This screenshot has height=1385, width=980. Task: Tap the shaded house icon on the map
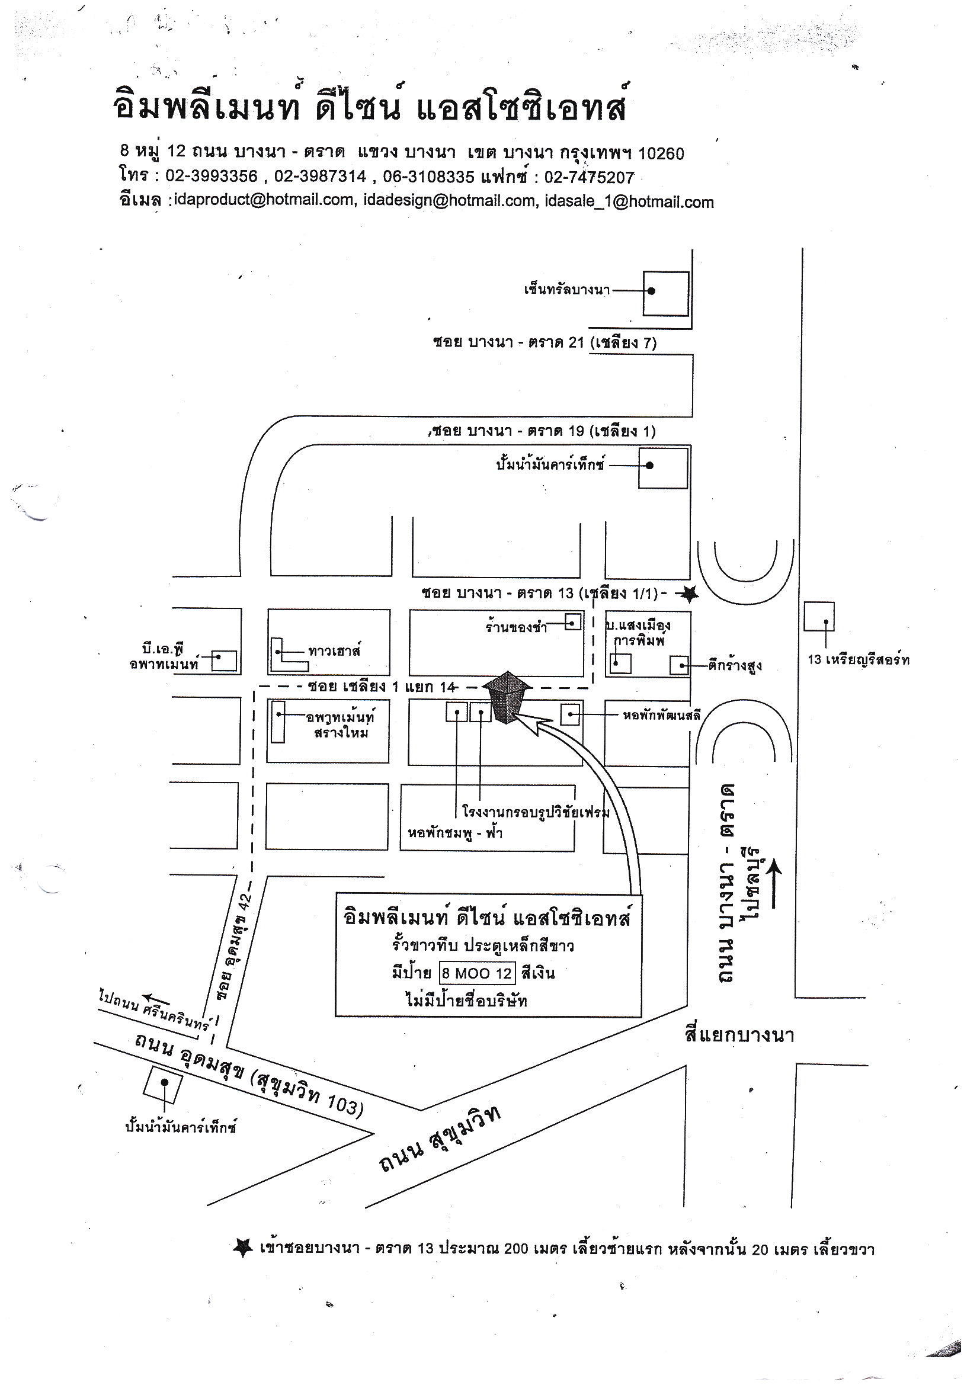click(508, 697)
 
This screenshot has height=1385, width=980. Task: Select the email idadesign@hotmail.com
click(450, 200)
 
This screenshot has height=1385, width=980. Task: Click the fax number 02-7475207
click(589, 177)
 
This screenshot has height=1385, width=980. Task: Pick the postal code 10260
click(661, 153)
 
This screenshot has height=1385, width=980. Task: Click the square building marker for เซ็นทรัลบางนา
click(665, 293)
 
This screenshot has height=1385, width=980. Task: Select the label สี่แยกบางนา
click(739, 1035)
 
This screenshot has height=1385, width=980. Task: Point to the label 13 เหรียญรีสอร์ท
click(858, 660)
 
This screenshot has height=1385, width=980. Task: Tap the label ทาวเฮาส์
click(334, 650)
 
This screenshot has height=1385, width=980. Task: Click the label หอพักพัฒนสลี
click(661, 716)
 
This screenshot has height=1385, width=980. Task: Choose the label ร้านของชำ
click(517, 627)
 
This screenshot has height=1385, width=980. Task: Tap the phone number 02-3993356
click(211, 176)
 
